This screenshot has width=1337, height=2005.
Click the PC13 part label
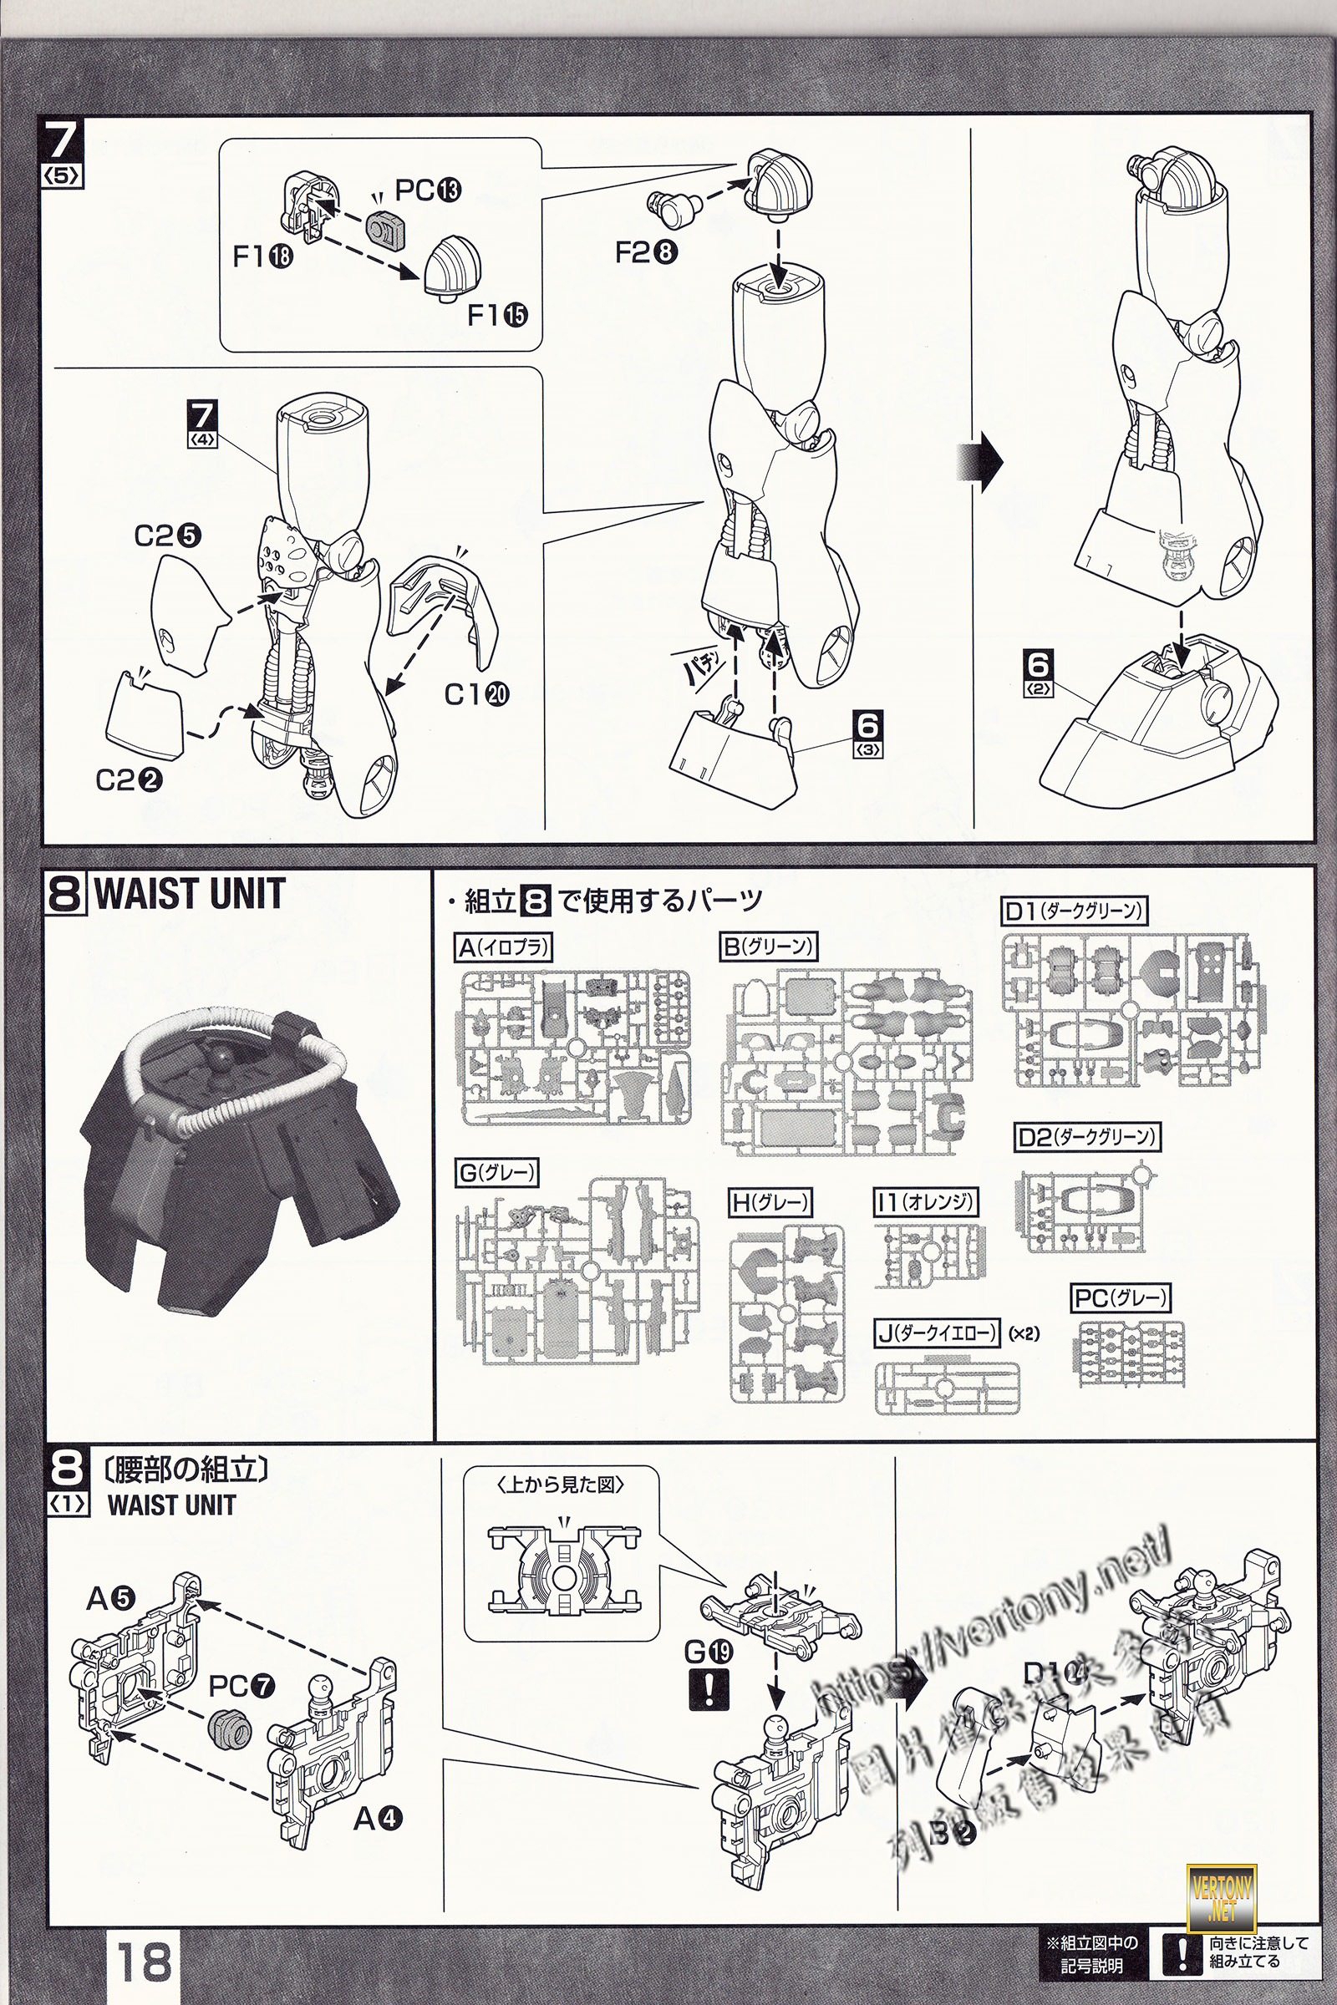click(428, 190)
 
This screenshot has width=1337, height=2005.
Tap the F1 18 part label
click(262, 256)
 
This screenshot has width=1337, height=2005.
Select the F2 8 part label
click(646, 252)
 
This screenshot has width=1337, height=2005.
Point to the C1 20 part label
click(476, 695)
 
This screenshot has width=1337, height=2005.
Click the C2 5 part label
click(168, 536)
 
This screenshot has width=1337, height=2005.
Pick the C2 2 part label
click(129, 780)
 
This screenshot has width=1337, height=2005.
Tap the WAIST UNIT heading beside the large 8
click(190, 894)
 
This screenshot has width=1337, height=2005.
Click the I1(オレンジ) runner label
click(925, 1203)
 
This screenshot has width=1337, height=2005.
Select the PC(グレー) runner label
click(1121, 1298)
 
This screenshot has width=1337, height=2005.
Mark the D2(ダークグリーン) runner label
click(1088, 1137)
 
